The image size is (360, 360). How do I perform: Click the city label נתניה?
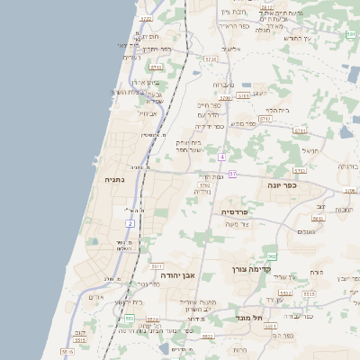[x=115, y=179]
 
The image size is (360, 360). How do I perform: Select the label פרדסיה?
[x=240, y=211]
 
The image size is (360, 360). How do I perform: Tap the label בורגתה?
[x=348, y=166]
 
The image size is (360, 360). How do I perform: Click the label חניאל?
[x=310, y=150]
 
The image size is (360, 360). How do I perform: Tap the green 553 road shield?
[x=130, y=319]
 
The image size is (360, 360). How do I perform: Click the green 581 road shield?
[x=350, y=34]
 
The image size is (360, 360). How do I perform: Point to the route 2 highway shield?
[x=130, y=222]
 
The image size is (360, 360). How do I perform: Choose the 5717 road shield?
[x=265, y=118]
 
